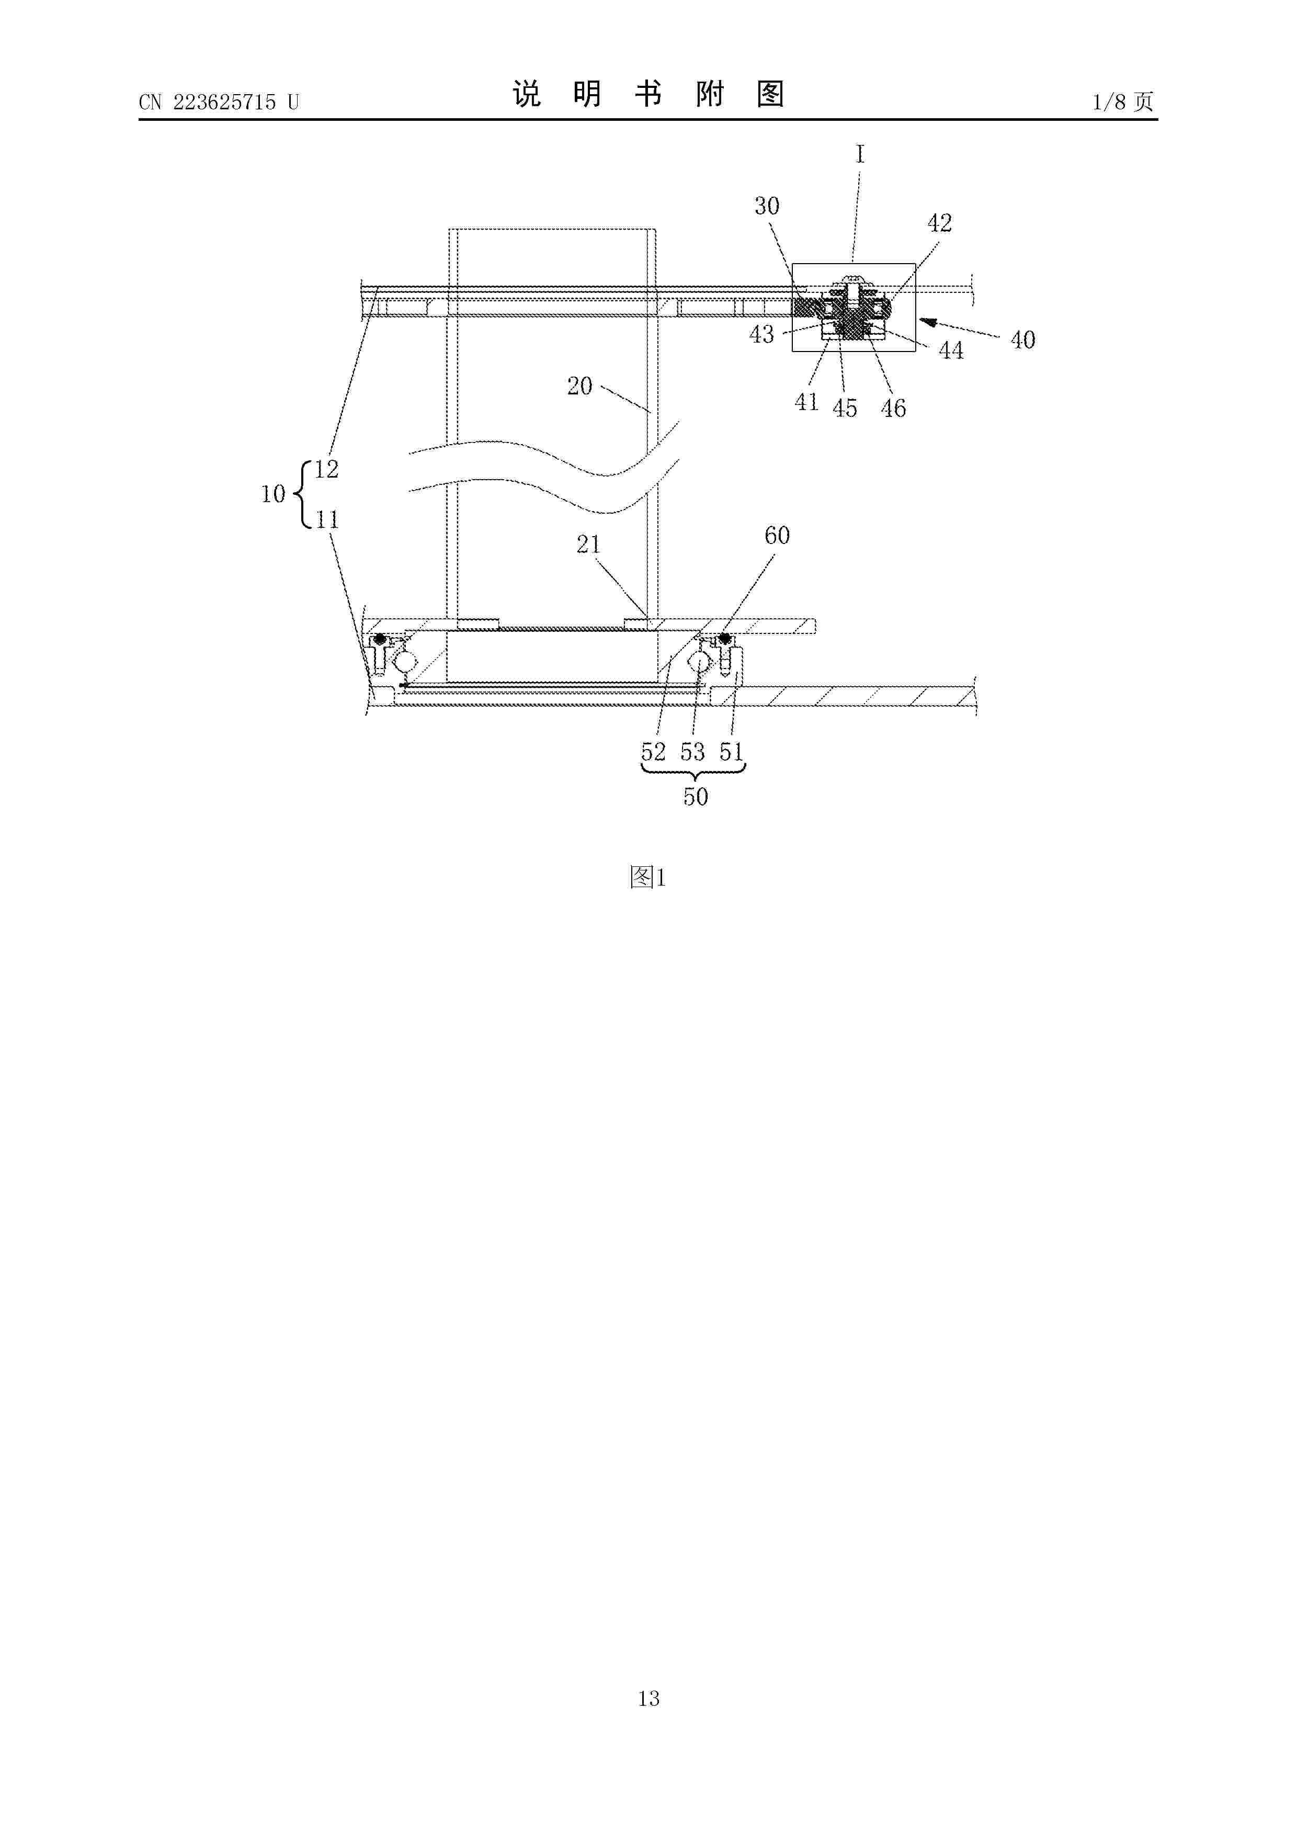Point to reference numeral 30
tap(766, 206)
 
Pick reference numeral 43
tap(761, 334)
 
